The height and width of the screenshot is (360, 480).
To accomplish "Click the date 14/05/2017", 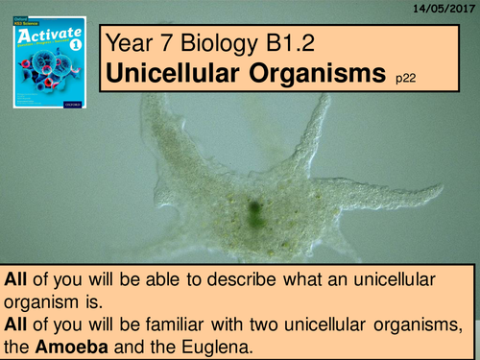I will click(x=444, y=8).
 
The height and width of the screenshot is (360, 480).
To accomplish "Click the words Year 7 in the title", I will click(x=140, y=41).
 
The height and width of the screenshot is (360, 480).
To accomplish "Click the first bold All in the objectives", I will click(x=16, y=281).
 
